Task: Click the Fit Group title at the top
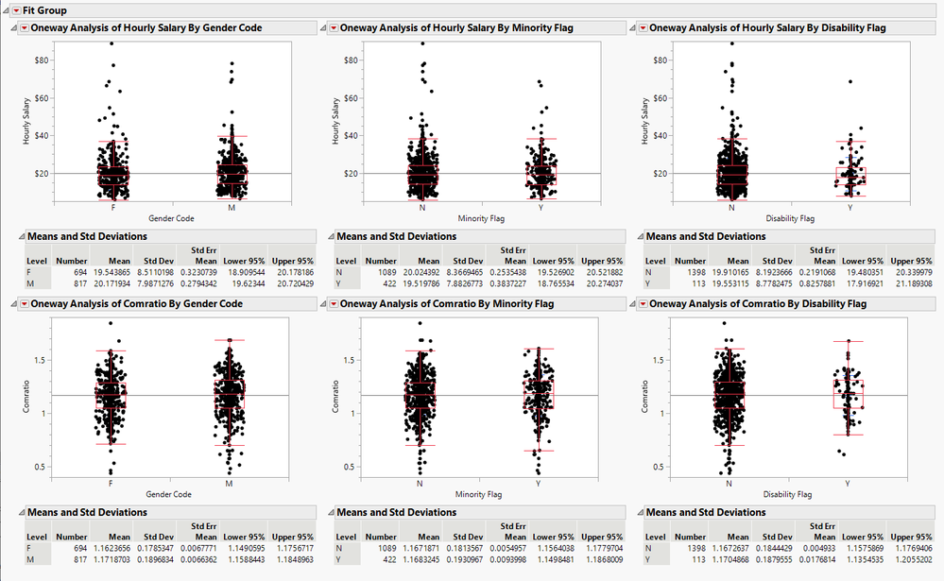click(44, 9)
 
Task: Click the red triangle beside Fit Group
click(15, 9)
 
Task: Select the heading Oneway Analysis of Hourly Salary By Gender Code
click(146, 28)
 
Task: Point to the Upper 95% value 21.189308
click(910, 282)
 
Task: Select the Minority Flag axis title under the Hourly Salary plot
click(480, 218)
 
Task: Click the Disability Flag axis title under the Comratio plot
click(787, 494)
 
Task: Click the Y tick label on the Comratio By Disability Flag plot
click(849, 483)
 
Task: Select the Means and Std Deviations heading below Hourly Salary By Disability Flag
click(705, 236)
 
